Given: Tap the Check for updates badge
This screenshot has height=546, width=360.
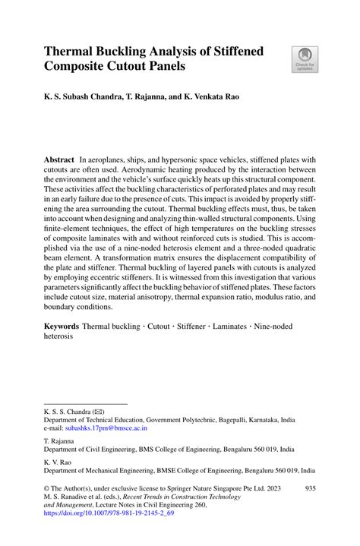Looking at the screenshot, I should pyautogui.click(x=305, y=60).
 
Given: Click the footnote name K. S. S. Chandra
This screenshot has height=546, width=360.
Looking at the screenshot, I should pyautogui.click(x=67, y=411).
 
